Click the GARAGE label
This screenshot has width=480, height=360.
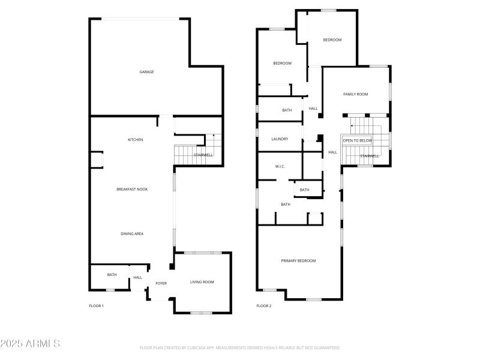point(147,72)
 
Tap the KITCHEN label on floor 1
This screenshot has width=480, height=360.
point(136,140)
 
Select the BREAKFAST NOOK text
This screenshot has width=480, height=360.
point(132,190)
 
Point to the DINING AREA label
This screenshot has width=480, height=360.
point(132,234)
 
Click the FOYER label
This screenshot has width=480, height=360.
point(161,283)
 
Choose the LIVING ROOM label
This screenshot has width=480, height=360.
point(202,282)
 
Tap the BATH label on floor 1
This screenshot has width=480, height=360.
point(112,275)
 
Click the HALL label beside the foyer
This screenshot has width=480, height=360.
point(138,278)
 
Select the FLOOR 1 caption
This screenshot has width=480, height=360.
point(97,306)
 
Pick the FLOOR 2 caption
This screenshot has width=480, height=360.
point(264,306)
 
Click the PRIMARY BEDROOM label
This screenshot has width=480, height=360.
point(298,260)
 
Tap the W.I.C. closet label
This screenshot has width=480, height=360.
point(280,166)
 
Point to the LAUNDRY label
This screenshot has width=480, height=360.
point(280,139)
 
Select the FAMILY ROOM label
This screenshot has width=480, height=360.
point(355,94)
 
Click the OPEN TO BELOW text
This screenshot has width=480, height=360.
point(358,140)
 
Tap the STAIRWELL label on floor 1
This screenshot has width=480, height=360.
point(203,155)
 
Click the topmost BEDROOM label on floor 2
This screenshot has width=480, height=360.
point(332,40)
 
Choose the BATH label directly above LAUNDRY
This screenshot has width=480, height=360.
point(287,110)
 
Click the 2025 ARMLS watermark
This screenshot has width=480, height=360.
point(30,344)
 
